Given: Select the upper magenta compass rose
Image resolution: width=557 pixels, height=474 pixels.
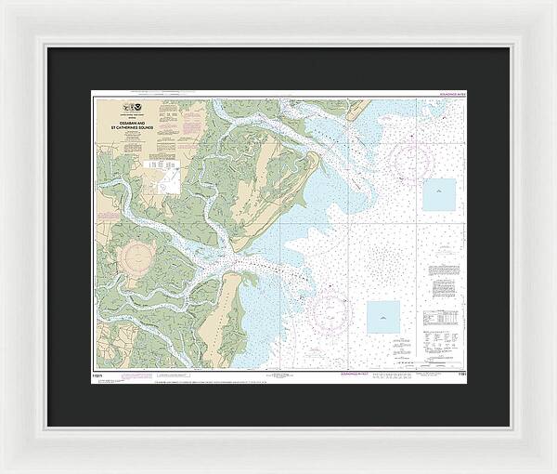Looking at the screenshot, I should click(x=411, y=160).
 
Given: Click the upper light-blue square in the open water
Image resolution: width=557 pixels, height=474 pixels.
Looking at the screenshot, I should click(x=439, y=193).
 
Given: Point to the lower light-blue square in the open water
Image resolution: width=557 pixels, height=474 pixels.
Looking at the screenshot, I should click(x=382, y=317).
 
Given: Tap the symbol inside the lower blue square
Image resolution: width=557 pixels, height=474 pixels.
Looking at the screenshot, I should click(x=382, y=318).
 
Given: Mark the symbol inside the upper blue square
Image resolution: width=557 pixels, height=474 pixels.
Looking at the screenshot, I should click(x=439, y=193).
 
